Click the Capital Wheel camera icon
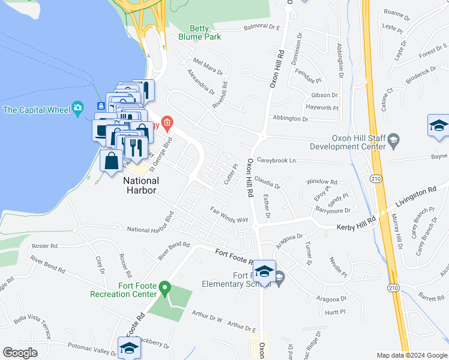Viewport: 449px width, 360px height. tap(77, 109)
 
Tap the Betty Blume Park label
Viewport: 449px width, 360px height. tap(199, 32)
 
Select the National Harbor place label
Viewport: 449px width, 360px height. tap(140, 185)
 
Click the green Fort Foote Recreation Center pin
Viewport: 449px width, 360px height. tap(164, 290)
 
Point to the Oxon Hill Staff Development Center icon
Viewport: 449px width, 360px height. tap(394, 140)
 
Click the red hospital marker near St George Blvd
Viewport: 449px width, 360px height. tap(167, 124)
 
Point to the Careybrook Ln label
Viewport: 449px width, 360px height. tap(276, 161)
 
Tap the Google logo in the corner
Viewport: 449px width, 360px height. tap(20, 353)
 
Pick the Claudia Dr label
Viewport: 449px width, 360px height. tap(267, 182)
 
